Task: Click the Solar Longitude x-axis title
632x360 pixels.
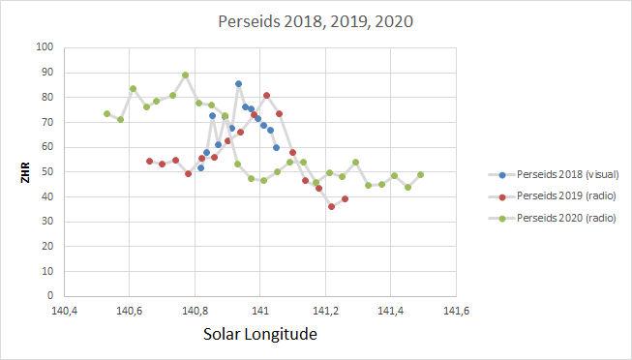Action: pyautogui.click(x=259, y=334)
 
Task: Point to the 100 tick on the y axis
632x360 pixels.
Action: pyautogui.click(x=45, y=47)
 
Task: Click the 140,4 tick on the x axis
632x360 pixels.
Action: pyautogui.click(x=65, y=311)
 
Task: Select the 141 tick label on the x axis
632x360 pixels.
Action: pyautogui.click(x=259, y=311)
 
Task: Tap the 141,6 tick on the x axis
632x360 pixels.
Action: pyautogui.click(x=455, y=311)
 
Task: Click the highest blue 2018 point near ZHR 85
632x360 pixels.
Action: pyautogui.click(x=238, y=84)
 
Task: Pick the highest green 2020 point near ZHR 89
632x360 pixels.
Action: pyautogui.click(x=185, y=75)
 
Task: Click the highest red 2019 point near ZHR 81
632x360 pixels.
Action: pyautogui.click(x=266, y=95)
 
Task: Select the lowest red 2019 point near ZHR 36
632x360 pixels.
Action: pyautogui.click(x=331, y=206)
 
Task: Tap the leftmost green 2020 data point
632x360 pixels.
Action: pyautogui.click(x=106, y=113)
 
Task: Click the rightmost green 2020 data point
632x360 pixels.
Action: pyautogui.click(x=420, y=175)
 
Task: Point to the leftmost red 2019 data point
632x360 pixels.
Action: pyautogui.click(x=149, y=161)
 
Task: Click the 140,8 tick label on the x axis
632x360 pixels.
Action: pyautogui.click(x=195, y=311)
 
